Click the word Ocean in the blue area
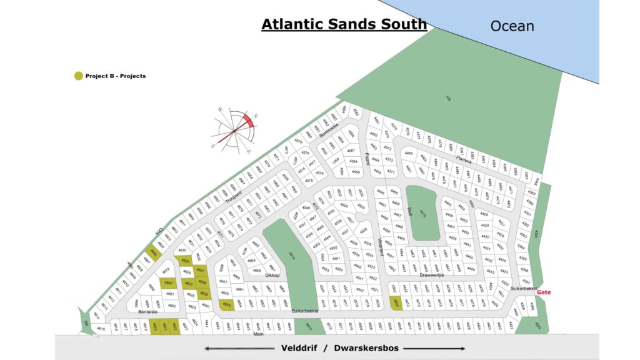(512, 26)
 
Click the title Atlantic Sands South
(344, 24)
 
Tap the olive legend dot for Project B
(78, 76)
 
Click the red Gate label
(543, 292)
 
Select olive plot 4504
(396, 303)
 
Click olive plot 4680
(168, 283)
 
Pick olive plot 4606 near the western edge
(154, 252)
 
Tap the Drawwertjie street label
(432, 274)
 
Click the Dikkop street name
(272, 275)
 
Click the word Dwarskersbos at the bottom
(368, 347)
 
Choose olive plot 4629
(185, 261)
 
